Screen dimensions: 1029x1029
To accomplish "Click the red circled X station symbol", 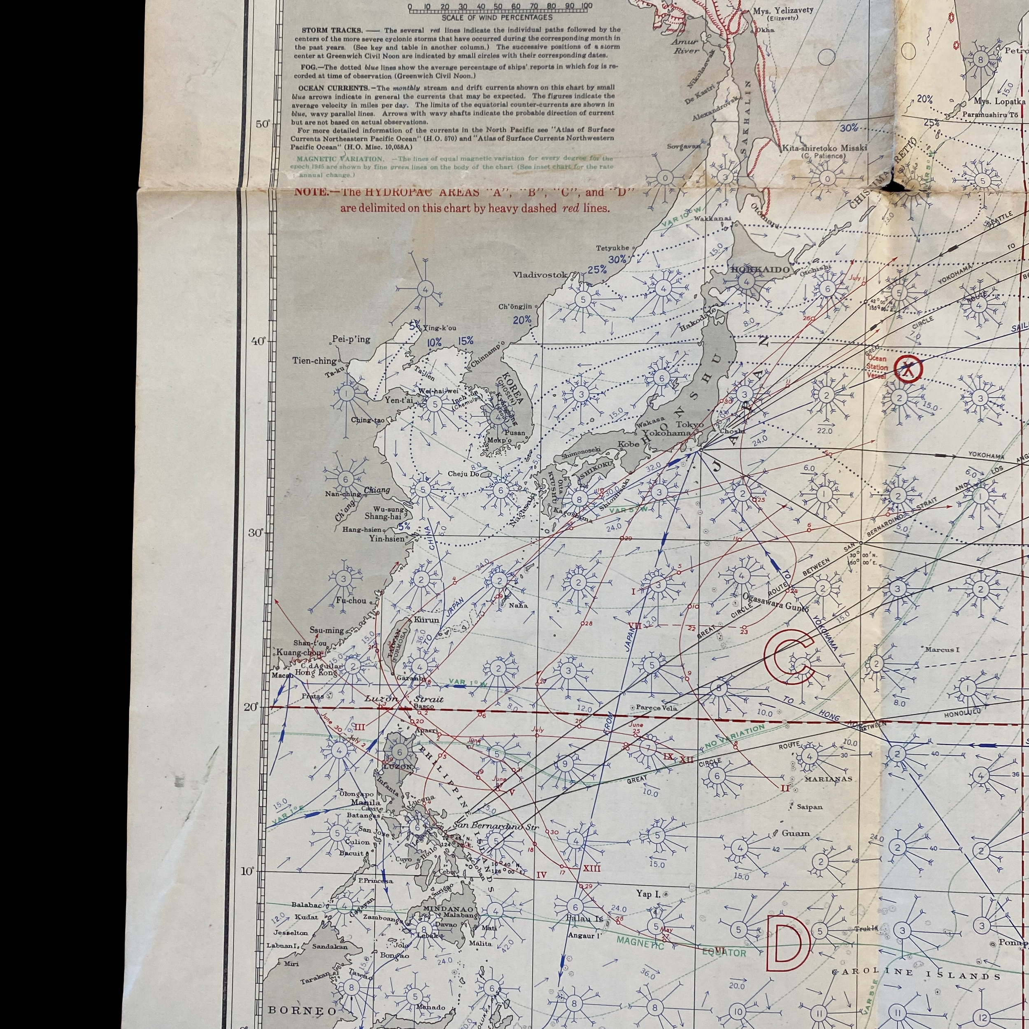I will [908, 368].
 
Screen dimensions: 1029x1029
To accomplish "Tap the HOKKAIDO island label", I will [759, 270].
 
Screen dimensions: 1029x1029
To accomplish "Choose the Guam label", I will [795, 833].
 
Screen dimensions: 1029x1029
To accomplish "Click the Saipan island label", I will [809, 807].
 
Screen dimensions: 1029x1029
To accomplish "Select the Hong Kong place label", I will [309, 673].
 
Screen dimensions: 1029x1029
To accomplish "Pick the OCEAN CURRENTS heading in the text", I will [323, 87].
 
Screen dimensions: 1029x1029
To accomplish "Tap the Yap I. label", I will [648, 894].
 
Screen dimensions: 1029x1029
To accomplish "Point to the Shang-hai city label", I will [382, 516].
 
